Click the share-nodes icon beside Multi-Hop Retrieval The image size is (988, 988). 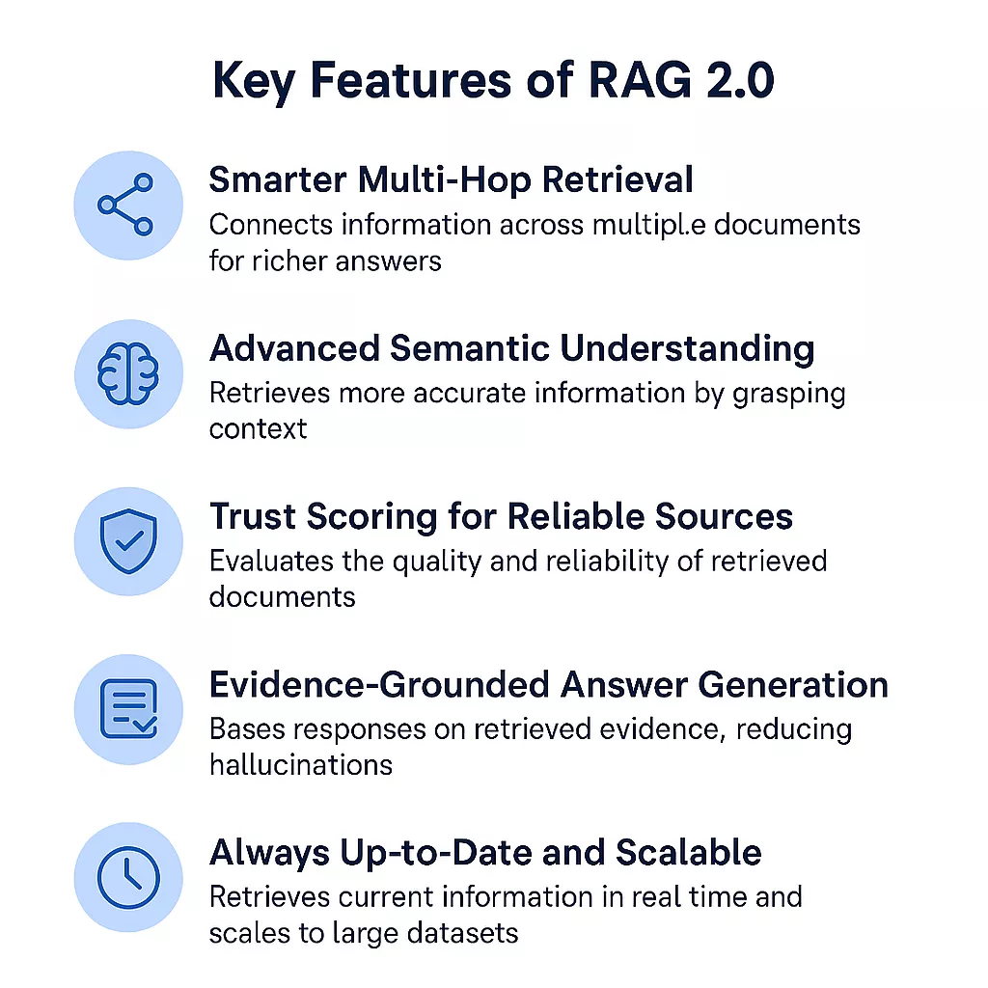click(127, 205)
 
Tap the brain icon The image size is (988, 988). click(127, 374)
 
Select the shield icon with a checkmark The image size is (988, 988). click(127, 541)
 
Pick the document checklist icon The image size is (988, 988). click(127, 709)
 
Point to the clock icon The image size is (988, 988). click(127, 877)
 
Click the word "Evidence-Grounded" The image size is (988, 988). click(377, 684)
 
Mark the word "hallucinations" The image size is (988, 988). click(300, 765)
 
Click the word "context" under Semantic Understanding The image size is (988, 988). click(258, 428)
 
